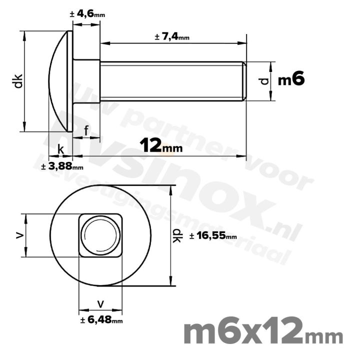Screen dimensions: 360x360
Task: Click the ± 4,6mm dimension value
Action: click(x=87, y=14)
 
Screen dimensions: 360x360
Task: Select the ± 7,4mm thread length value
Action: click(x=172, y=37)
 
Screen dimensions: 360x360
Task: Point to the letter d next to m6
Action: click(x=265, y=81)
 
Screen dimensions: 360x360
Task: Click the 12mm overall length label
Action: click(x=161, y=146)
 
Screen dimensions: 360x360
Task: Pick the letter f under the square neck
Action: click(x=86, y=131)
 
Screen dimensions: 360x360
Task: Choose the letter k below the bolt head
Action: click(x=60, y=149)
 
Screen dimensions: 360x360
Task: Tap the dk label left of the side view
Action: click(x=18, y=81)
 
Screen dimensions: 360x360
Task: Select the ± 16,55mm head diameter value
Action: click(x=213, y=236)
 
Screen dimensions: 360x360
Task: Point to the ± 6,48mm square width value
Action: click(x=101, y=320)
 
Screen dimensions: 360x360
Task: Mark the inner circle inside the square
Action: click(x=100, y=235)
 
